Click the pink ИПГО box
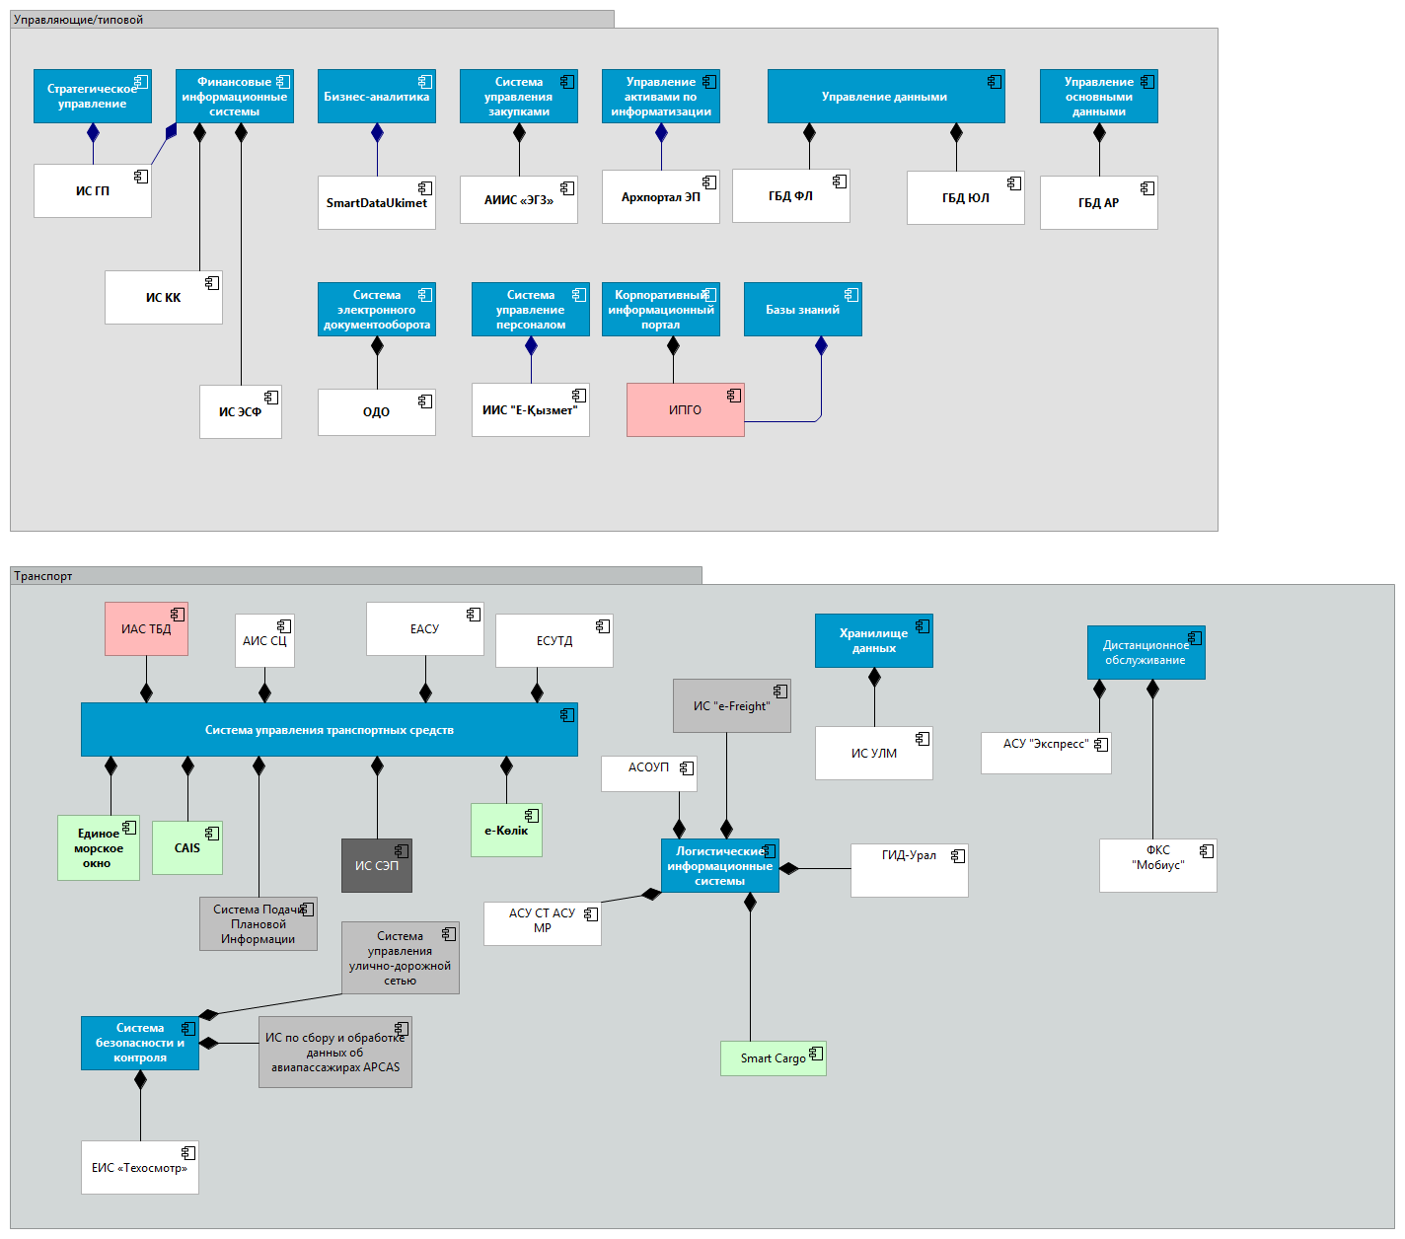click(685, 409)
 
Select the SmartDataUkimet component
click(376, 202)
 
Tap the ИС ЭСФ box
click(240, 411)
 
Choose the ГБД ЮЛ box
click(965, 197)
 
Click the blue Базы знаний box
click(802, 309)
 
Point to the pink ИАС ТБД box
click(146, 628)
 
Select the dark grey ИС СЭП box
click(376, 865)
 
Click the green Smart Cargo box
click(773, 1058)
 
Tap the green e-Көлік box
click(506, 830)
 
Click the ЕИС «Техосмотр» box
click(139, 1167)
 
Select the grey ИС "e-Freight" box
click(731, 705)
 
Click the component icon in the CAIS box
click(211, 834)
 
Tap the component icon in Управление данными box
click(995, 82)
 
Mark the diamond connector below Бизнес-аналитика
click(377, 133)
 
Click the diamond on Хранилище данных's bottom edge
click(874, 678)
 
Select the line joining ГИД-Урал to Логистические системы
click(819, 868)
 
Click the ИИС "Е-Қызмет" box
click(530, 409)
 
